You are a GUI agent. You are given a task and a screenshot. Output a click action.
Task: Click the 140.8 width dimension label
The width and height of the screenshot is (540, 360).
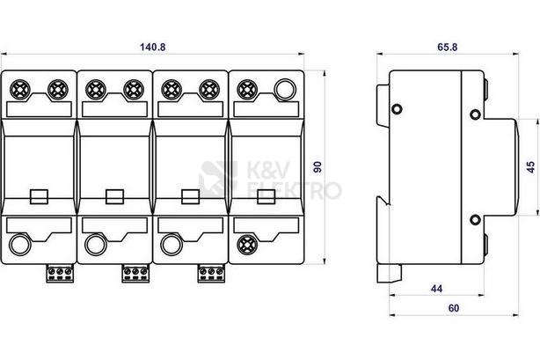tap(152, 47)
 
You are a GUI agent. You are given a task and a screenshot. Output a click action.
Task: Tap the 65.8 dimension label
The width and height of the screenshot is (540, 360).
tap(448, 47)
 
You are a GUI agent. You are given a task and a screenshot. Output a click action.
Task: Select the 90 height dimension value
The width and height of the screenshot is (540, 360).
tap(317, 167)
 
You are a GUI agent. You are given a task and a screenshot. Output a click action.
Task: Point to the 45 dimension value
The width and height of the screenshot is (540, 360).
tap(530, 167)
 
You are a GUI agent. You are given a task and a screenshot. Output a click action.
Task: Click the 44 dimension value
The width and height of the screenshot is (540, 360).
tap(436, 289)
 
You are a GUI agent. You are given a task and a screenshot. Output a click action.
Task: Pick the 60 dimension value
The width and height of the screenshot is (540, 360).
tap(454, 308)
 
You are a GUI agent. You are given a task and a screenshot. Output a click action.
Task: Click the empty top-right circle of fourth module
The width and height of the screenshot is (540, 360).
tap(285, 89)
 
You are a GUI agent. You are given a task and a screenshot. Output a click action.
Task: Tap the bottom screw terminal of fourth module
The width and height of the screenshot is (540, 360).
tap(247, 244)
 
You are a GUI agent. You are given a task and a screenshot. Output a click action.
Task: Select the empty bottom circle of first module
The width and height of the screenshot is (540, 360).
tap(20, 245)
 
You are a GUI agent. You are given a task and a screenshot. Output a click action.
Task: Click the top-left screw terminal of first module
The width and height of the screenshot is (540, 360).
tap(20, 89)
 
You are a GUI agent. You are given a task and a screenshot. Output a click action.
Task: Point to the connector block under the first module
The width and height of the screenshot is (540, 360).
tap(60, 274)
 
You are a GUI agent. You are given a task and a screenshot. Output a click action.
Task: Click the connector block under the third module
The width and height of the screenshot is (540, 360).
tap(211, 274)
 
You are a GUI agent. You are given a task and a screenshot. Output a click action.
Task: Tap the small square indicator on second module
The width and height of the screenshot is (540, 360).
tap(114, 196)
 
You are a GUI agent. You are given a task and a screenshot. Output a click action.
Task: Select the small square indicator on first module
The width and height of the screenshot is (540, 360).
tap(39, 196)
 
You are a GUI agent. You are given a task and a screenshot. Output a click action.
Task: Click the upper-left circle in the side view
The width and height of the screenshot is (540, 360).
tap(397, 109)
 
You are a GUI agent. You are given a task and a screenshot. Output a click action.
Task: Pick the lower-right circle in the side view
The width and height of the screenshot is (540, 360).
tap(475, 219)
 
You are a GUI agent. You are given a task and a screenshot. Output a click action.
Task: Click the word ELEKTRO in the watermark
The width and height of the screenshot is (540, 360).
tap(295, 190)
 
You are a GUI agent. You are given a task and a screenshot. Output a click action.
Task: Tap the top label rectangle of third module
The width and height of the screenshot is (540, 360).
tap(191, 109)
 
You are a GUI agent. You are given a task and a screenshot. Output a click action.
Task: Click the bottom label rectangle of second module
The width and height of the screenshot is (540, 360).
tap(114, 224)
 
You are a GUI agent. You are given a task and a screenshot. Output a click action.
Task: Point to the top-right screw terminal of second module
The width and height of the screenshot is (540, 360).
tap(134, 89)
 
